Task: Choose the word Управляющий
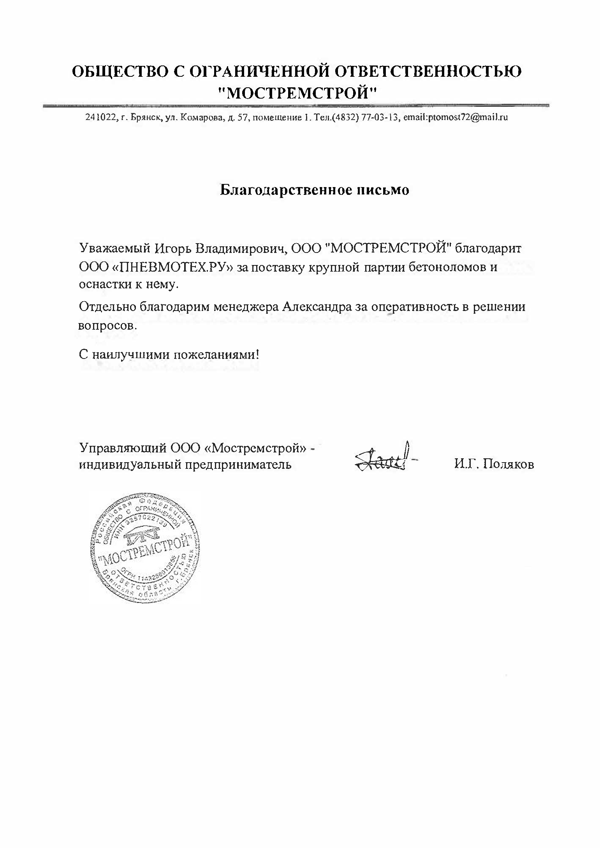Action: tap(123, 447)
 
